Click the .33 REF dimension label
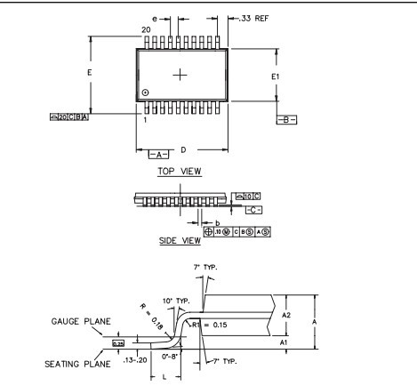click(253, 17)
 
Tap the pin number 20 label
click(146, 30)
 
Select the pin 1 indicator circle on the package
click(146, 93)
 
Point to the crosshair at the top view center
click(181, 74)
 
